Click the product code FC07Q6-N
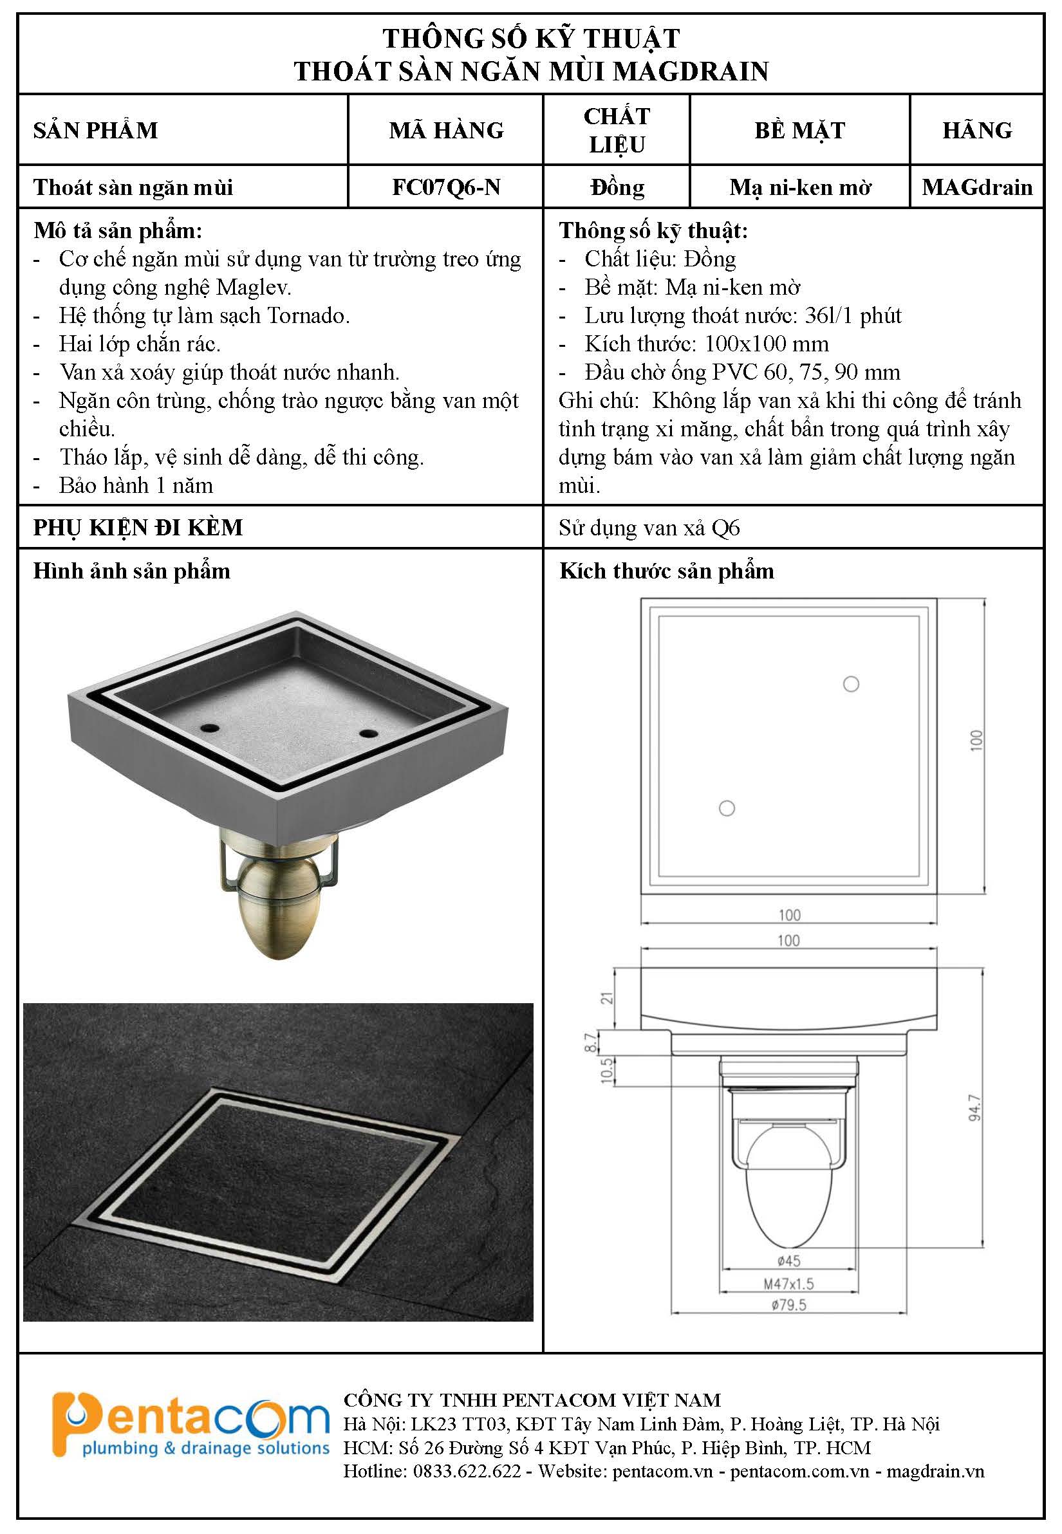pyautogui.click(x=446, y=188)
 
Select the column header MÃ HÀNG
pyautogui.click(x=446, y=130)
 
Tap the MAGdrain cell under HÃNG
pyautogui.click(x=977, y=188)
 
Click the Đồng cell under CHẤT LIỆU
pyautogui.click(x=617, y=188)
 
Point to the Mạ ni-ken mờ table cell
pyautogui.click(x=800, y=189)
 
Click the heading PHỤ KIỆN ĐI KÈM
pyautogui.click(x=138, y=528)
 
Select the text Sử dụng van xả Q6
pyautogui.click(x=649, y=528)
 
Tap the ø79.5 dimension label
pyautogui.click(x=788, y=1305)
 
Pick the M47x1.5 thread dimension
pyautogui.click(x=788, y=1284)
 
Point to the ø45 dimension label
pyautogui.click(x=788, y=1261)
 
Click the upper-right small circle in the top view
pyautogui.click(x=851, y=684)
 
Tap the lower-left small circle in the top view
pyautogui.click(x=727, y=808)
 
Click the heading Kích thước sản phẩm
pyautogui.click(x=667, y=571)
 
